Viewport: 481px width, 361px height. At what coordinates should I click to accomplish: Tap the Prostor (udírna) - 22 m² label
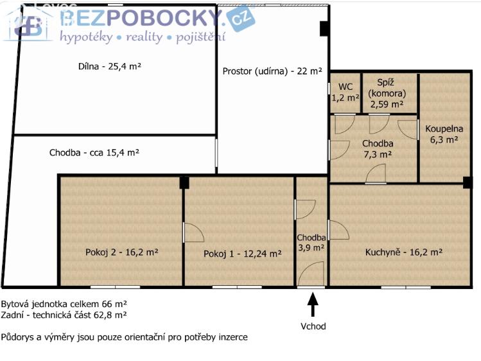coord(272,71)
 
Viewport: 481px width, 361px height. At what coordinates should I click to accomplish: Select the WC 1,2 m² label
coord(345,92)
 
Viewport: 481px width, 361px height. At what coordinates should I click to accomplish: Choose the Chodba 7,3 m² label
coord(377,148)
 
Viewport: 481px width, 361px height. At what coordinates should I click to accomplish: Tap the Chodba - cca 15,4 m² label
coord(94,153)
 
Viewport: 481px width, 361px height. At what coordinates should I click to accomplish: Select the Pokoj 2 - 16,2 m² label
coord(122,252)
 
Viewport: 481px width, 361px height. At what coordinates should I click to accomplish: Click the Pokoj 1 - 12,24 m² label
coord(242,254)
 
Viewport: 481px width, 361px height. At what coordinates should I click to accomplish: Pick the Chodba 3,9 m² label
coord(311,242)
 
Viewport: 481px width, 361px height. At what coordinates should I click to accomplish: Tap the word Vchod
coord(313,326)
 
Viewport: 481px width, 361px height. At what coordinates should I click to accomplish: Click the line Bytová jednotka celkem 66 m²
coord(64,304)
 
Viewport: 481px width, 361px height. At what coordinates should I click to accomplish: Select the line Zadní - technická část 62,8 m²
coord(64,315)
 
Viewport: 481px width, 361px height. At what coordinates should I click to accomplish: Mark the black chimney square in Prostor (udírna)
coord(324,28)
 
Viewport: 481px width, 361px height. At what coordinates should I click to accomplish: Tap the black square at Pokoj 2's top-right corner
coord(184,182)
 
